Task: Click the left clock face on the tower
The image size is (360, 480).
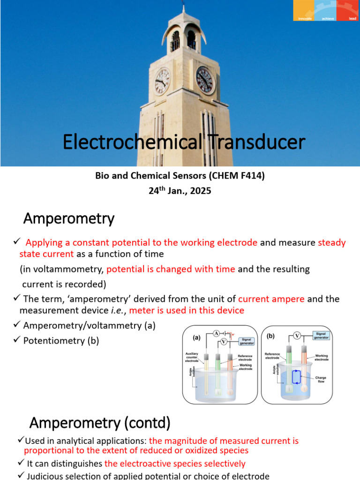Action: click(x=162, y=81)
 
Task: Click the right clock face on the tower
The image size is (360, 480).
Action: click(x=204, y=80)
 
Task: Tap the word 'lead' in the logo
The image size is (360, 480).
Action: click(x=352, y=18)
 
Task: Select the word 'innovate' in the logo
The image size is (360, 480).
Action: click(x=305, y=18)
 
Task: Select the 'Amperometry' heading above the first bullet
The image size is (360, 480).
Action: click(x=68, y=218)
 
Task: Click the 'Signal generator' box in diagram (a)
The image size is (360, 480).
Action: click(x=247, y=341)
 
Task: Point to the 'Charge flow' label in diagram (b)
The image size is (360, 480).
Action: click(x=321, y=379)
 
